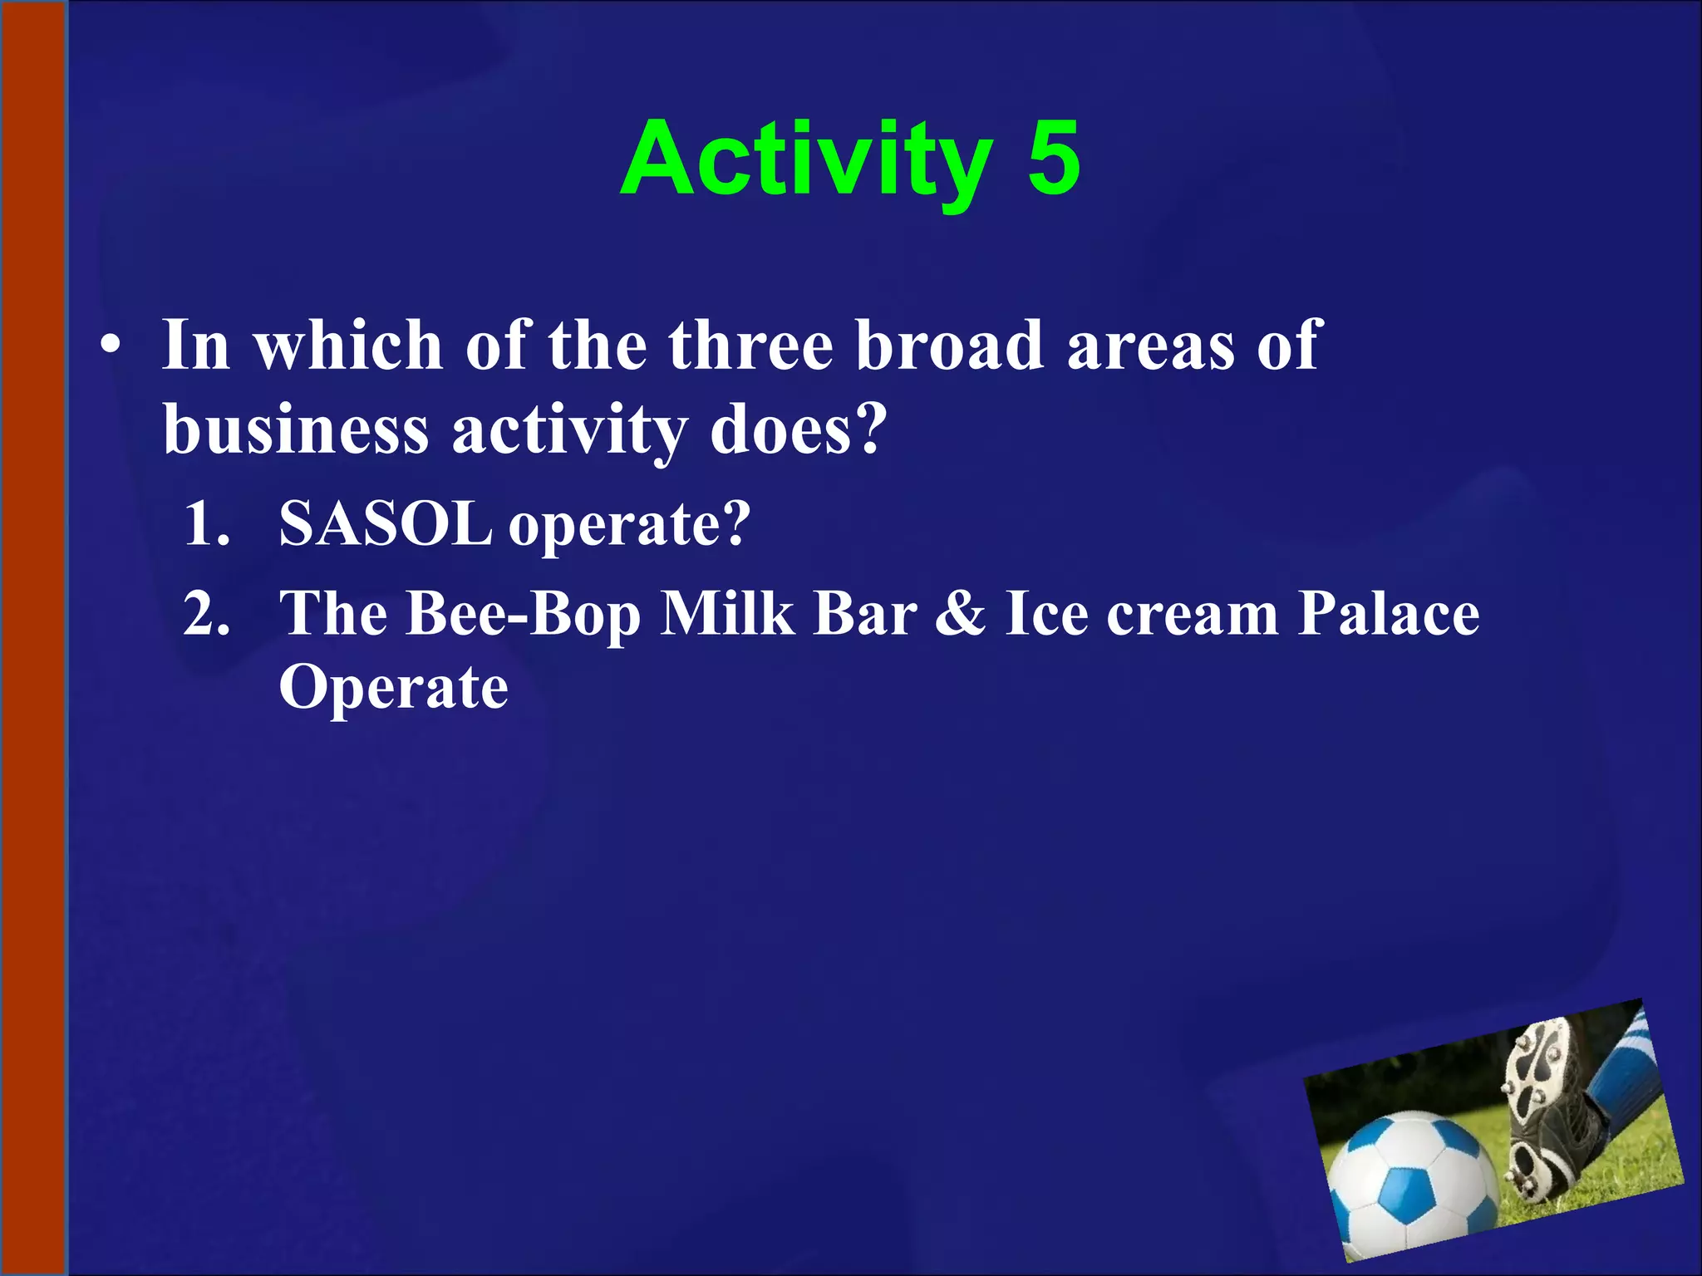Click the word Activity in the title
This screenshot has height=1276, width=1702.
click(806, 159)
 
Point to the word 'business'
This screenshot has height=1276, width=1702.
click(296, 430)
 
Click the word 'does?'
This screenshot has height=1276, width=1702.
click(799, 430)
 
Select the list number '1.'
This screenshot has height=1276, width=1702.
click(207, 525)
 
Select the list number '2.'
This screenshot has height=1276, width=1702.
click(207, 615)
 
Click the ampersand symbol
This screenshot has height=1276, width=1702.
click(961, 615)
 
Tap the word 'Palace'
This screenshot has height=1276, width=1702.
click(1388, 615)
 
